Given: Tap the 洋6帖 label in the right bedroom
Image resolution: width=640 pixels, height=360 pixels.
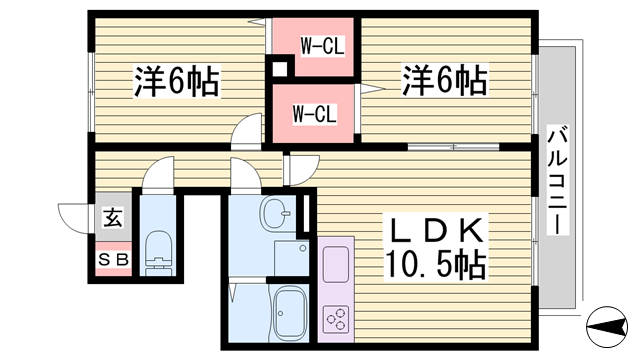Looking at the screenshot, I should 445,80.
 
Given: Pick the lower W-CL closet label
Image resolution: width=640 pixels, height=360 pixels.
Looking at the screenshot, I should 313,113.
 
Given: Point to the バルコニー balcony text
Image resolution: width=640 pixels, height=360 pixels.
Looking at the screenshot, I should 556,180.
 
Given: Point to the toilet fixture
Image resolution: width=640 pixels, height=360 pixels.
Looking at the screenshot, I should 158,255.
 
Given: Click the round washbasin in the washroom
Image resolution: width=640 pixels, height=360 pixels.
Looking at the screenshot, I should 275,213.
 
